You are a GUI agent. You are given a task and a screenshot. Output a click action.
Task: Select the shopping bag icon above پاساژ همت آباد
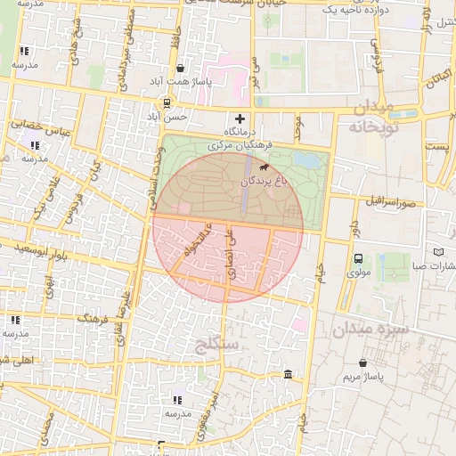tap(181, 68)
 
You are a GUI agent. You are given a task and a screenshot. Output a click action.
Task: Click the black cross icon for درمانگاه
tap(239, 118)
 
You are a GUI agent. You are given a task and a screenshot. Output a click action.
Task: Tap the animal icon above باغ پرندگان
tap(263, 167)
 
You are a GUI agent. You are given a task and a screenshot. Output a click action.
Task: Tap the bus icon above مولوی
tap(357, 259)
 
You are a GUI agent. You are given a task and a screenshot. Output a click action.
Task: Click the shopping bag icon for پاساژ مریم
tap(363, 362)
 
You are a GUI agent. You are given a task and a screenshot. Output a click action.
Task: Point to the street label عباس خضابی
tap(34, 127)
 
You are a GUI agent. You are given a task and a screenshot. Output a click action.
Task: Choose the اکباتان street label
tap(436, 90)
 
